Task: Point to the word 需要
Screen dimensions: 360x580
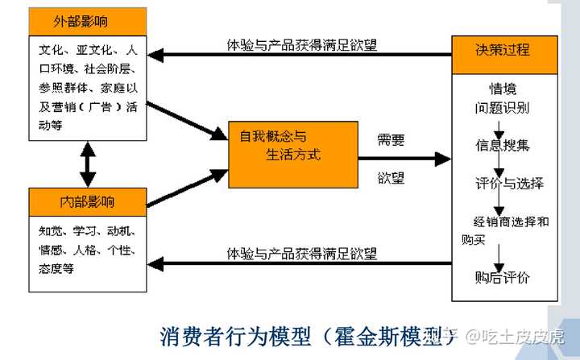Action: tap(391, 139)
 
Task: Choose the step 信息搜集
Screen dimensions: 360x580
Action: tap(502, 145)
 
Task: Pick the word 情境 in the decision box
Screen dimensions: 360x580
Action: tap(502, 87)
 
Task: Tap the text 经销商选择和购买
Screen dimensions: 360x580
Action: tap(505, 230)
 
